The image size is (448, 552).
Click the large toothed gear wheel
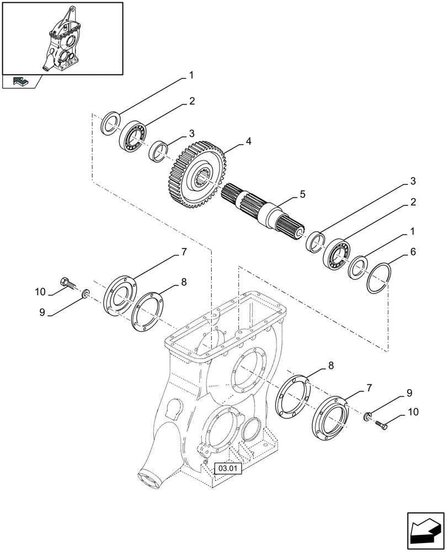[x=196, y=175]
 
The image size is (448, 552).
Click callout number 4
[x=249, y=141]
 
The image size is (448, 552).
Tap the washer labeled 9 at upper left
[x=86, y=293]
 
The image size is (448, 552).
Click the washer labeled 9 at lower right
[x=369, y=415]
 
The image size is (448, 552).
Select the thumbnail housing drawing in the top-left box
[x=62, y=38]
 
